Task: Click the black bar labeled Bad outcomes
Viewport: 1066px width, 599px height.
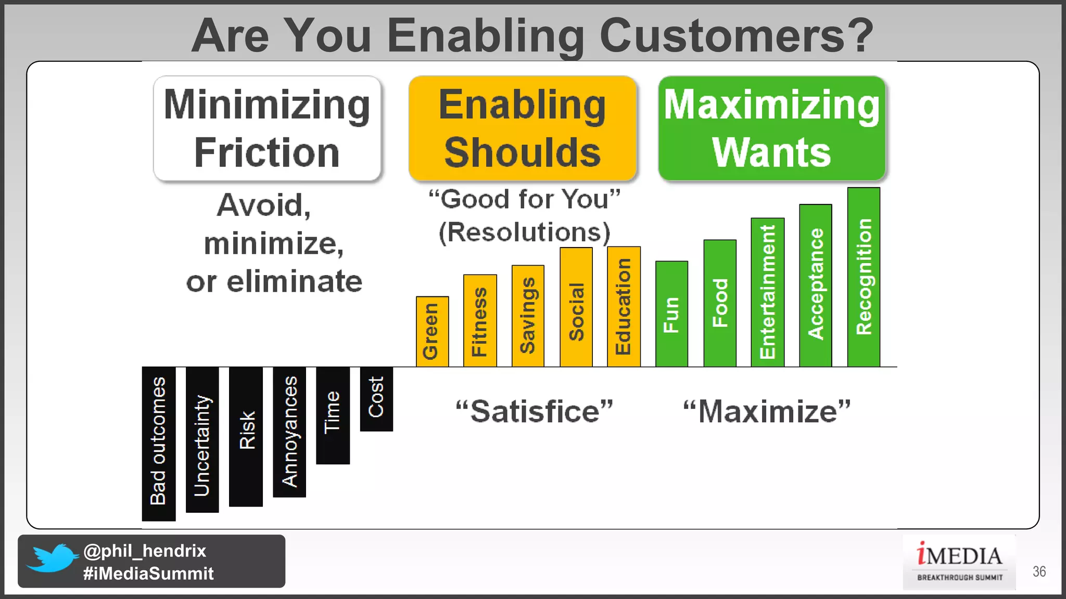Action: tap(159, 443)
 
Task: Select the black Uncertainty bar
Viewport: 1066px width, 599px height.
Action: tap(202, 439)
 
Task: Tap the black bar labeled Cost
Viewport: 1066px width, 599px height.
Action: tap(376, 399)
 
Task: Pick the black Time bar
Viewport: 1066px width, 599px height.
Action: tap(333, 415)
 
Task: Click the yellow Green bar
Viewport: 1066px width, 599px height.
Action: tap(432, 332)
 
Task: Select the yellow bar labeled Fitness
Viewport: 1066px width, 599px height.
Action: tap(480, 321)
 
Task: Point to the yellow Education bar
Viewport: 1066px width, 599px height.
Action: tap(624, 307)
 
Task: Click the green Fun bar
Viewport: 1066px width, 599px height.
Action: tap(671, 314)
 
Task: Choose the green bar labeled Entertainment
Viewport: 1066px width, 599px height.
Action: tap(767, 292)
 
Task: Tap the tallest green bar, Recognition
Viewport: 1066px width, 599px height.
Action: tap(864, 277)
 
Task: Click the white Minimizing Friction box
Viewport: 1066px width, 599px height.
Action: tap(267, 128)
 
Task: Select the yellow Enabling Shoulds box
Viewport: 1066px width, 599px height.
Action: tap(523, 128)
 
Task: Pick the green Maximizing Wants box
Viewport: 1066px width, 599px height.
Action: tap(772, 128)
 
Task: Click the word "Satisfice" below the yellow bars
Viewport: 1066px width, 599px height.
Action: tap(535, 412)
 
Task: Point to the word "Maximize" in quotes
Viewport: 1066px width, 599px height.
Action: tap(767, 412)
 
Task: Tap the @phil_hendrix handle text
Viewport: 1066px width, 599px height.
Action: tap(145, 551)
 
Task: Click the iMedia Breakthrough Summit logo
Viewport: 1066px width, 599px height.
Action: tap(959, 562)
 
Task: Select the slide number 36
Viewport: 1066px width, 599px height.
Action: tap(1039, 571)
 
